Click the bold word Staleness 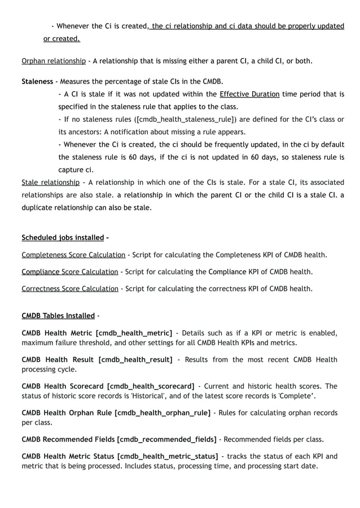(x=37, y=82)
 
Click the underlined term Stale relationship (x=50, y=183)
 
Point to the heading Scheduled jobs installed (x=63, y=237)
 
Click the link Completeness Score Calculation (x=73, y=255)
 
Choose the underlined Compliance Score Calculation (x=70, y=272)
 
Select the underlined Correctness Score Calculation (x=70, y=289)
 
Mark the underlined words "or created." (x=62, y=39)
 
